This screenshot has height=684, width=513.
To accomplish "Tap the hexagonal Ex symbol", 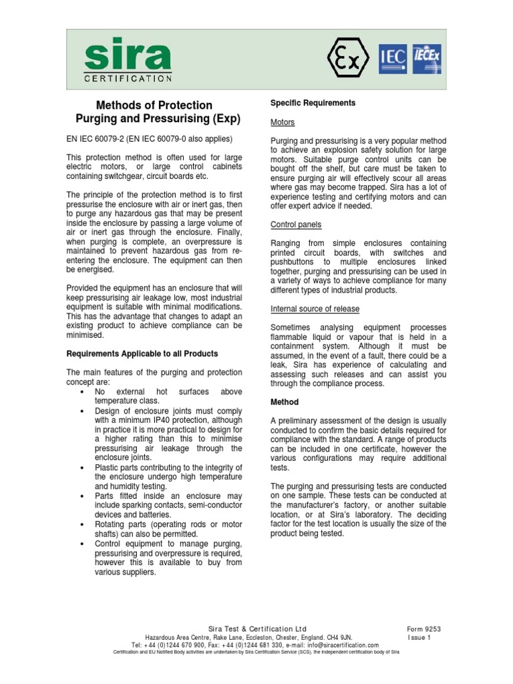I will [x=347, y=57].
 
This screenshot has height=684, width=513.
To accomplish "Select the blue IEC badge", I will [x=393, y=58].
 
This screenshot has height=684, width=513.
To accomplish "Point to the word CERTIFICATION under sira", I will [x=128, y=78].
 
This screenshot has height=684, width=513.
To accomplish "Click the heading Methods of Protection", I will [x=154, y=105].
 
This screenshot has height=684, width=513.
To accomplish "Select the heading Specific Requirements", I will [x=313, y=103].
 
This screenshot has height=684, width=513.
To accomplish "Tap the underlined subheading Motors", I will [x=283, y=123].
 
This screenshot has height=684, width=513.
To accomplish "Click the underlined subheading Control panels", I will [x=296, y=224].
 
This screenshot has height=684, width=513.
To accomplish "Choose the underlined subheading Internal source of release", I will [x=315, y=309].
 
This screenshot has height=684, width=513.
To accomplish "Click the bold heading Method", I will [x=284, y=402].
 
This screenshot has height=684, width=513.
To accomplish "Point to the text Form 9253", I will [x=424, y=629].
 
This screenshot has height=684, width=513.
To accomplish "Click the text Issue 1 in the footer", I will [x=420, y=637].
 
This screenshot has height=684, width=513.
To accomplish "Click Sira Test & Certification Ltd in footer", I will [x=257, y=629].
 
